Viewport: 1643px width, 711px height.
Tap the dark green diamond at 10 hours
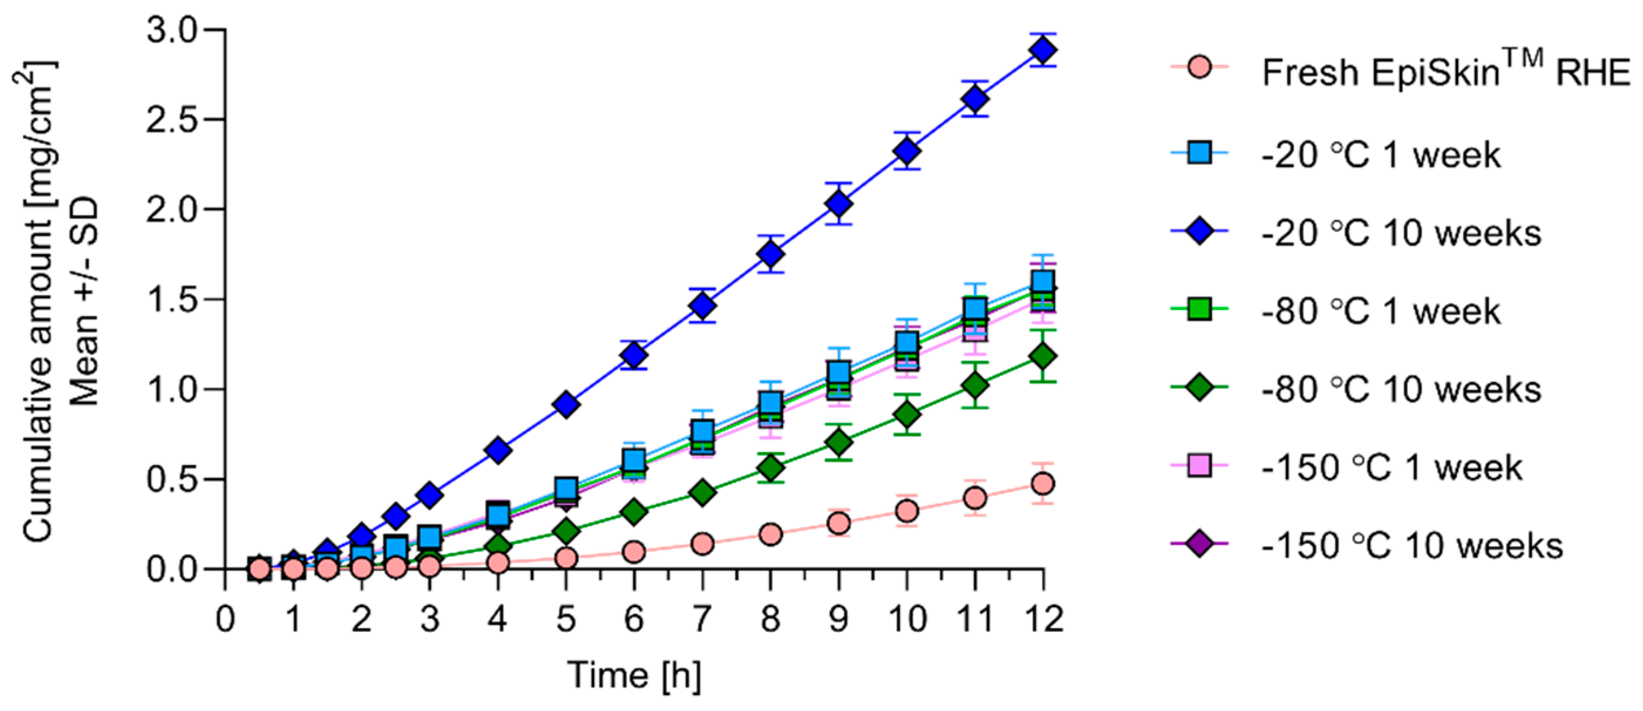pyautogui.click(x=907, y=414)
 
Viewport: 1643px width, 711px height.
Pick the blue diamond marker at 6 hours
pyautogui.click(x=634, y=354)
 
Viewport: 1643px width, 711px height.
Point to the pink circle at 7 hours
pyautogui.click(x=702, y=544)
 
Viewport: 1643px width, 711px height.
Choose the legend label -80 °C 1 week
pyautogui.click(x=1380, y=312)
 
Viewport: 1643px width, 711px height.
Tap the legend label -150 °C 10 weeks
pyautogui.click(x=1411, y=546)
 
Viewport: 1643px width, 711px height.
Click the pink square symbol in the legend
pyautogui.click(x=1200, y=466)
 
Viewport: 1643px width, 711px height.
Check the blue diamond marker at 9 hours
pyautogui.click(x=839, y=204)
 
